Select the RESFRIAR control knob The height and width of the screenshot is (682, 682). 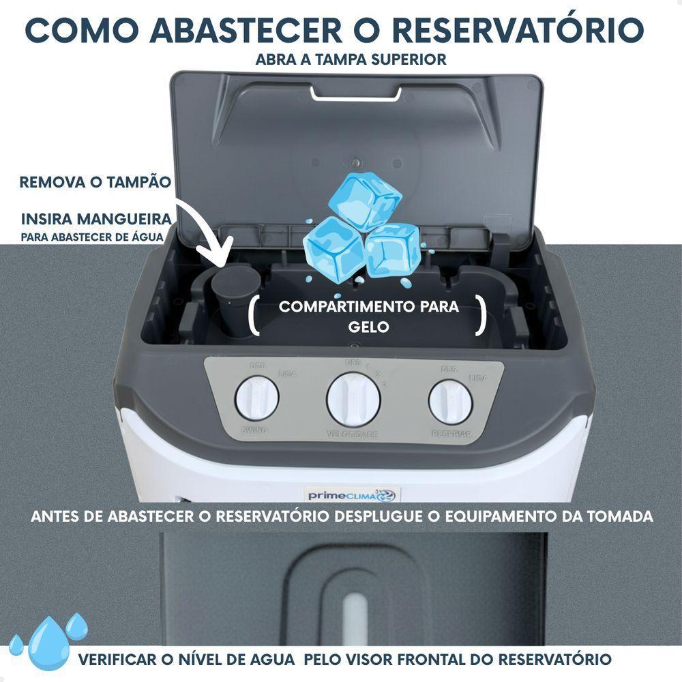(450, 402)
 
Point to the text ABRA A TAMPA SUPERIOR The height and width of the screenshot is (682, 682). (351, 59)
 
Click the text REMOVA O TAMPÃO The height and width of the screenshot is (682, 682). (95, 182)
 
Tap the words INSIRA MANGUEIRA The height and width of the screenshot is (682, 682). (95, 220)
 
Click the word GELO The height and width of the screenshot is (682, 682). (368, 327)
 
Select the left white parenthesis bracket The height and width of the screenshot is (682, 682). (254, 316)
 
